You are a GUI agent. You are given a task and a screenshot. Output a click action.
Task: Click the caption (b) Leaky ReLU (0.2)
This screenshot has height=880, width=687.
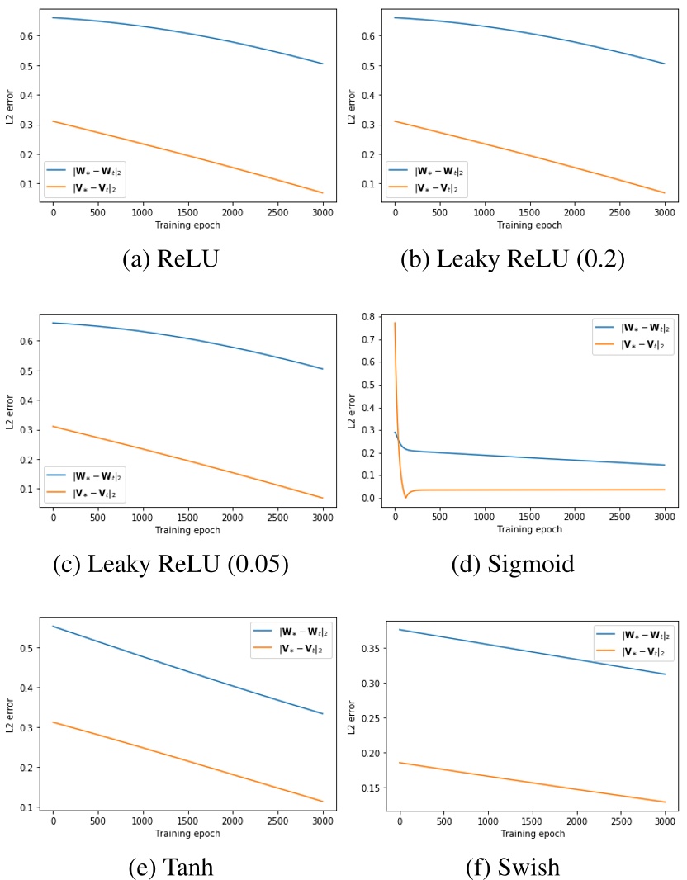(x=512, y=259)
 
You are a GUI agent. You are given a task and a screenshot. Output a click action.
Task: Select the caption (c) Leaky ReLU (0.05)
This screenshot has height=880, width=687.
(x=171, y=565)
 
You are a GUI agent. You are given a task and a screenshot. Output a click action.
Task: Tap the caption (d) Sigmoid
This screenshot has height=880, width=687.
(x=512, y=565)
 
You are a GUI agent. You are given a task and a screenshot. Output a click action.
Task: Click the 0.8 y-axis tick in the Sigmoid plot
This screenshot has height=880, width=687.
(x=367, y=317)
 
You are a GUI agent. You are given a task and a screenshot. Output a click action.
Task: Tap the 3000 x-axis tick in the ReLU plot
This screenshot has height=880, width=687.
(x=322, y=213)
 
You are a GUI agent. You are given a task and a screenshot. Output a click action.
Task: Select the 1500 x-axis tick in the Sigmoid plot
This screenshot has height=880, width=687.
(x=529, y=518)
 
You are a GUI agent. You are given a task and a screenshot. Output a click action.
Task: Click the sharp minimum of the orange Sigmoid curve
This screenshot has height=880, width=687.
(x=405, y=497)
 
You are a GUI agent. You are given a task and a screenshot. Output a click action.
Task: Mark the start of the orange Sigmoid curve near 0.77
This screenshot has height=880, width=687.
(x=395, y=324)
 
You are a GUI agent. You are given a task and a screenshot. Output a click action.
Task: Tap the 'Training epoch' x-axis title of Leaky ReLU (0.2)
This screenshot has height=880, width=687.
(x=529, y=225)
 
